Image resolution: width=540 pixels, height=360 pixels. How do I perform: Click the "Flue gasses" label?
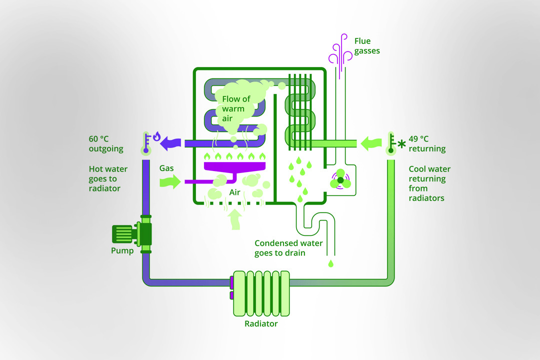tap(367, 46)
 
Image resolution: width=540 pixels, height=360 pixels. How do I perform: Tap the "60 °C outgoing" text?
tap(106, 144)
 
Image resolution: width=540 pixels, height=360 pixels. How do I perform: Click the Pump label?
tap(122, 250)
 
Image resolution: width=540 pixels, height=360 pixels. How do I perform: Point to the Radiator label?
tap(261, 323)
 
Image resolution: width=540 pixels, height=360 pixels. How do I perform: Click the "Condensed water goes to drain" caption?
tap(288, 248)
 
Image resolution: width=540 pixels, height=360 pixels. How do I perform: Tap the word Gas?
tap(166, 168)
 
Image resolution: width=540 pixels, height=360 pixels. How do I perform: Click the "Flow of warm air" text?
tap(236, 108)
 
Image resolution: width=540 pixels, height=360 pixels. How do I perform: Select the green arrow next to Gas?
tap(169, 181)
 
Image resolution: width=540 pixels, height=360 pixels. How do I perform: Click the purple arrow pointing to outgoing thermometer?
tap(172, 143)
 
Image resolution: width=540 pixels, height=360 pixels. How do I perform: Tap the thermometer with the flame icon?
tap(146, 143)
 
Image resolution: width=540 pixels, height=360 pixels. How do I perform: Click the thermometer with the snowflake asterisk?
tap(391, 143)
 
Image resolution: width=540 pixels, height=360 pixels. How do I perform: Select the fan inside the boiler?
tap(340, 180)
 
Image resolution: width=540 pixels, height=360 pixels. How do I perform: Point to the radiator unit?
tap(261, 293)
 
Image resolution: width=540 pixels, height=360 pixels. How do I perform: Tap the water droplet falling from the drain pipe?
tap(330, 262)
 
